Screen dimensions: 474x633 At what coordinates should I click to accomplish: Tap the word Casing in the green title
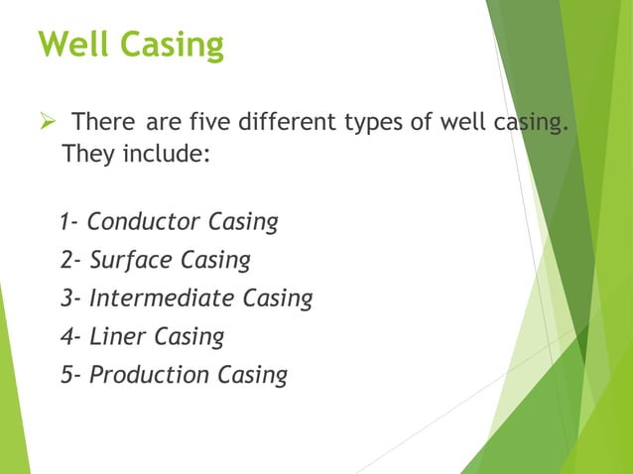(x=172, y=47)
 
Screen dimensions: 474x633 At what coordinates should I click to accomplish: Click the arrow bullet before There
(x=45, y=124)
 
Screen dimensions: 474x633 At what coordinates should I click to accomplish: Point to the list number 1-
(x=69, y=221)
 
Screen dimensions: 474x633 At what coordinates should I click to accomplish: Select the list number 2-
(x=71, y=260)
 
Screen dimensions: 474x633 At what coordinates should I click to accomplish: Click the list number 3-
(x=71, y=298)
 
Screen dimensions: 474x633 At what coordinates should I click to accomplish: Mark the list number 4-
(x=71, y=337)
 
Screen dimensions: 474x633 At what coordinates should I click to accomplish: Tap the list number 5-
(x=71, y=376)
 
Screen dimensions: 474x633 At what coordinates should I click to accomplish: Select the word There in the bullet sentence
(x=104, y=124)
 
